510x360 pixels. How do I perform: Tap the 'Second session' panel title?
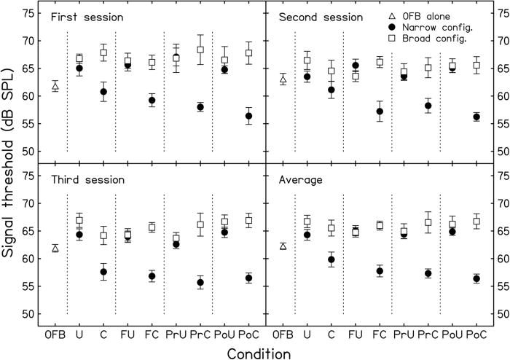315,16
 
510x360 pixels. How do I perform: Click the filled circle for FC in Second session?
380,111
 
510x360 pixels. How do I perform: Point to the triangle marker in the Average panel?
283,246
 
